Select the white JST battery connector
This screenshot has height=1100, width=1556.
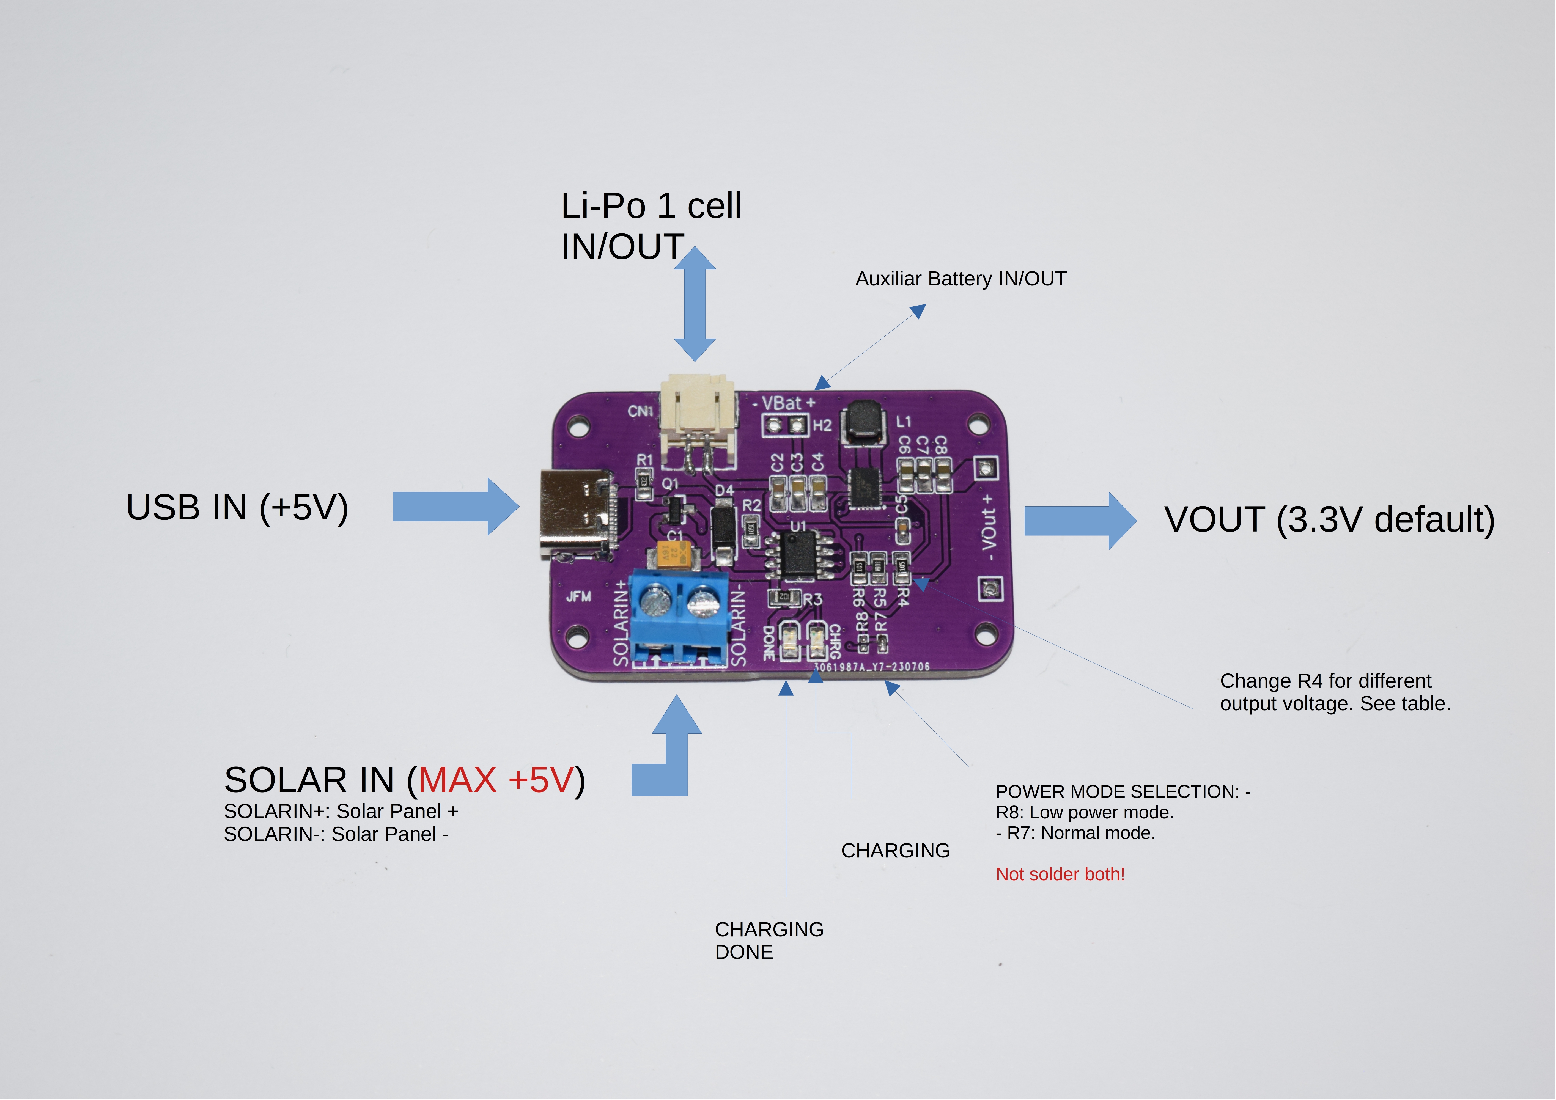click(698, 420)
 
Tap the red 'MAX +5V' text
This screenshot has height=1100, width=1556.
click(496, 780)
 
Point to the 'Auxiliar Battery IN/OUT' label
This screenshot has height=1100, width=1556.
click(960, 279)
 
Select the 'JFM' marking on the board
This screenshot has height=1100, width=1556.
click(578, 596)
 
